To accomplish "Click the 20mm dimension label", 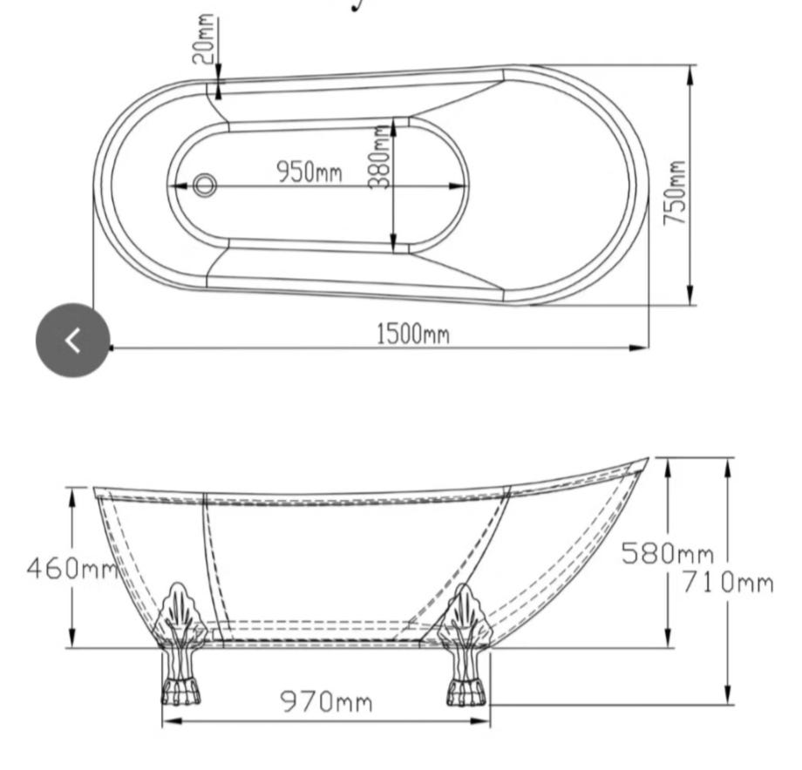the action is coord(204,39).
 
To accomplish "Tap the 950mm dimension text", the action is coord(309,172).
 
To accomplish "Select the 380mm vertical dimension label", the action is coord(380,158).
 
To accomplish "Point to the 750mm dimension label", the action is coord(674,192).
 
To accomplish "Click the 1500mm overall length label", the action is coord(413,334).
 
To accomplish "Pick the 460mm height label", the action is coord(72,568).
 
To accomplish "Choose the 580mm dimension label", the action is coord(668,553).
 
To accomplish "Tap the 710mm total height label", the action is coord(729,583).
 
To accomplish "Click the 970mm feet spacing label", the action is coord(326,701).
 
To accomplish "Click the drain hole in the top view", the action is coord(205,185).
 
